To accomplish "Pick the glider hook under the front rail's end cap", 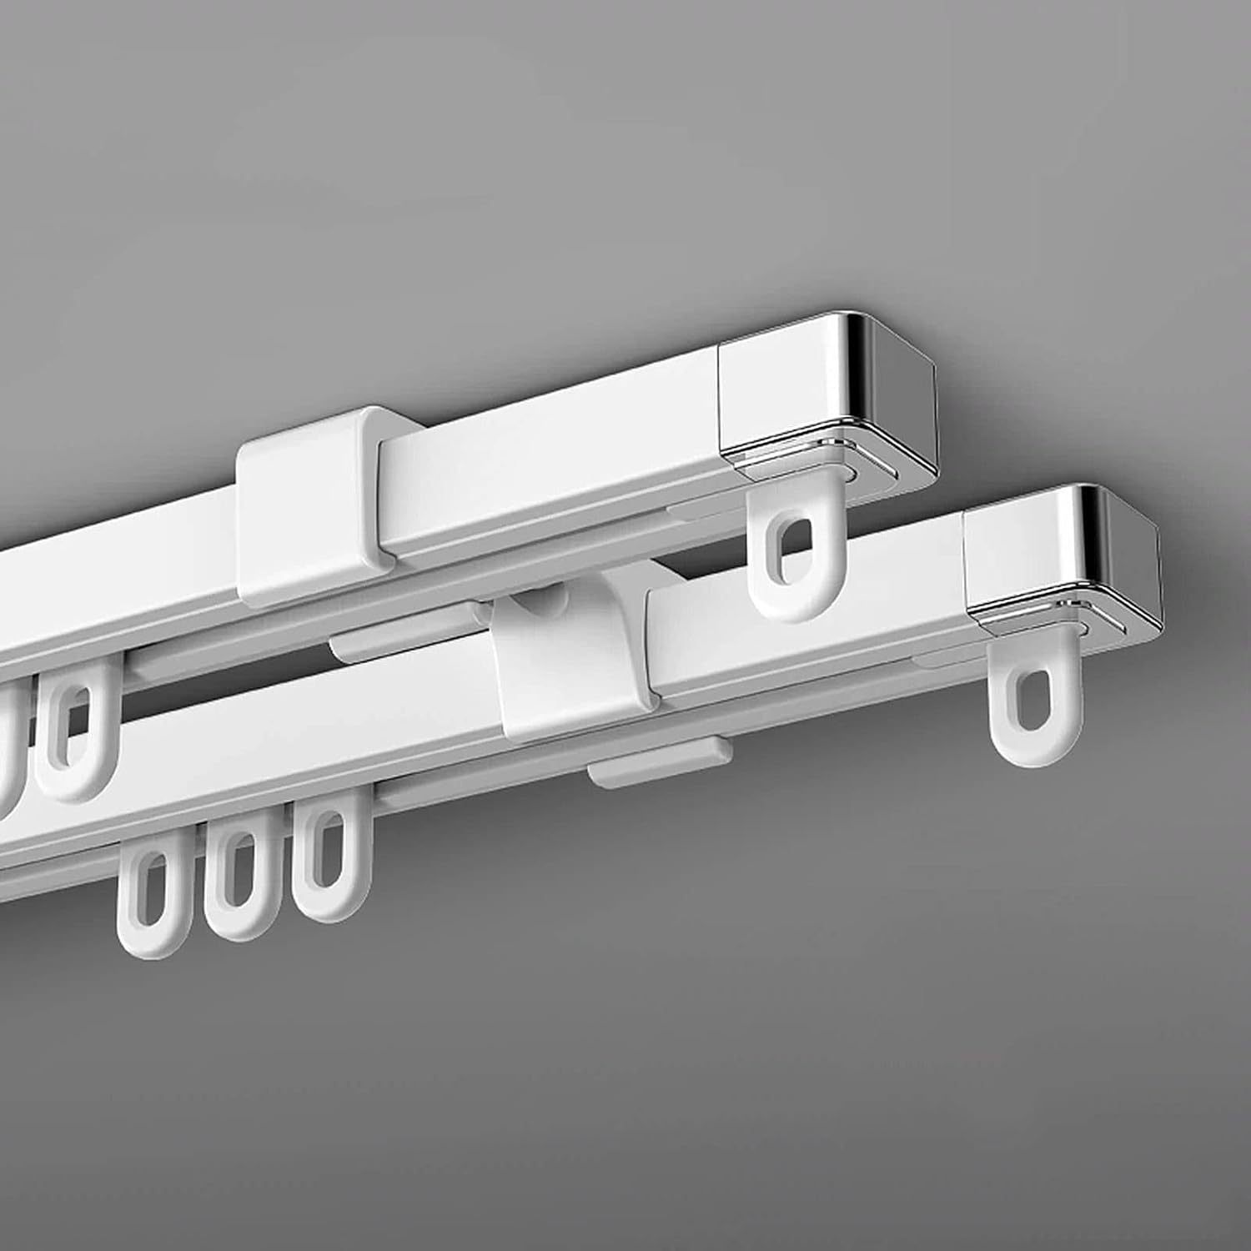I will (1022, 713).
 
